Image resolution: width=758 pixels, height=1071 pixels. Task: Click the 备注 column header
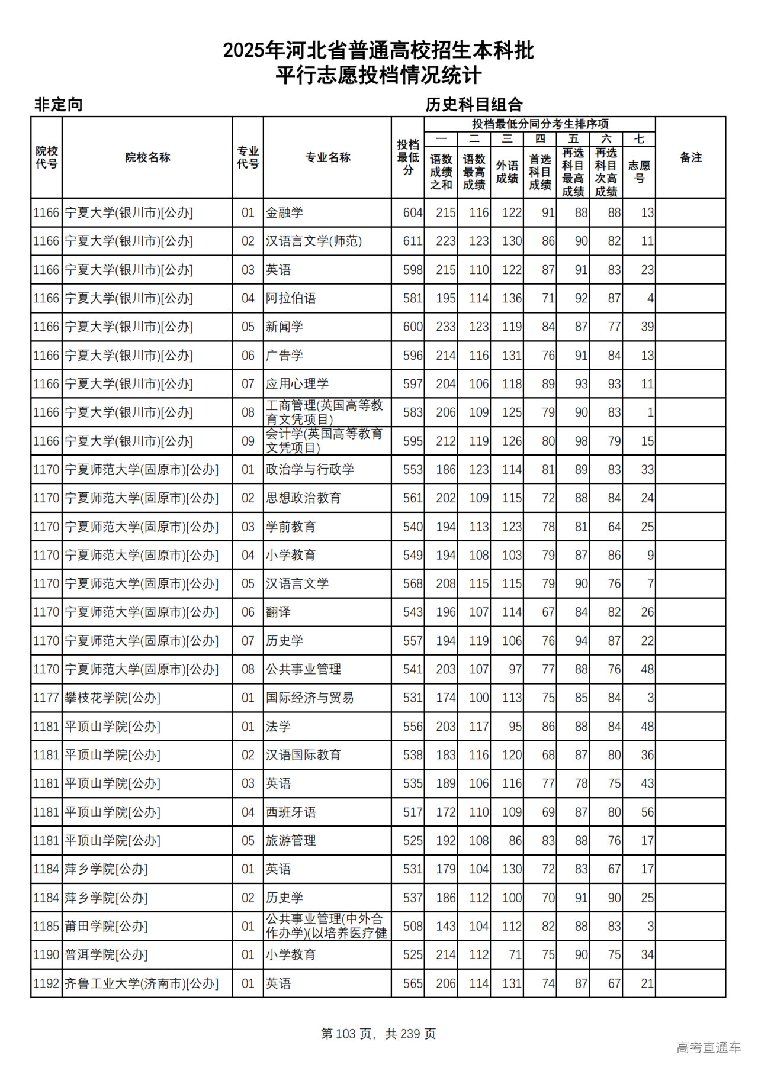[x=690, y=157]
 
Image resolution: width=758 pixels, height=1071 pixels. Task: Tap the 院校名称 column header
[x=147, y=157]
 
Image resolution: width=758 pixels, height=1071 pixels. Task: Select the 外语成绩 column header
[x=507, y=172]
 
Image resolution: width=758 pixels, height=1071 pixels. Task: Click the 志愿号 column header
[x=639, y=172]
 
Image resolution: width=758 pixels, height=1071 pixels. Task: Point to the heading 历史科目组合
[x=474, y=105]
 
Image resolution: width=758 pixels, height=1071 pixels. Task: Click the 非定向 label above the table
[x=58, y=105]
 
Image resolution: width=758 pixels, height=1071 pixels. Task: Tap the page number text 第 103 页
[x=346, y=1034]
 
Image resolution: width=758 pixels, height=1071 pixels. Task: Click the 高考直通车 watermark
[x=708, y=1047]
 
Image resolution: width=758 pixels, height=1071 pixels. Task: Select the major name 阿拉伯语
[x=291, y=298]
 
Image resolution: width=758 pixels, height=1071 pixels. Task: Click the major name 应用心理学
[x=297, y=384]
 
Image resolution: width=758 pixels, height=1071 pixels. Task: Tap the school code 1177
[x=46, y=698]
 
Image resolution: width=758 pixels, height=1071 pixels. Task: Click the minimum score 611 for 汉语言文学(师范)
[x=412, y=241]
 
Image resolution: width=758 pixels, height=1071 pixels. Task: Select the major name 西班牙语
[x=291, y=812]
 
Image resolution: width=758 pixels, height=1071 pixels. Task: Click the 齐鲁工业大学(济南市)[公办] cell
[x=142, y=983]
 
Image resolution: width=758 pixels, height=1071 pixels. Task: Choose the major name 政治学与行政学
[x=310, y=470]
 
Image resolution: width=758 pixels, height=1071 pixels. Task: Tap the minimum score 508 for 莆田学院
[x=412, y=926]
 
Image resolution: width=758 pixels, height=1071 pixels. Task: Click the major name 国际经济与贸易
[x=310, y=698]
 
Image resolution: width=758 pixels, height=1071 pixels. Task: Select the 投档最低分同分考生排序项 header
[x=539, y=124]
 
